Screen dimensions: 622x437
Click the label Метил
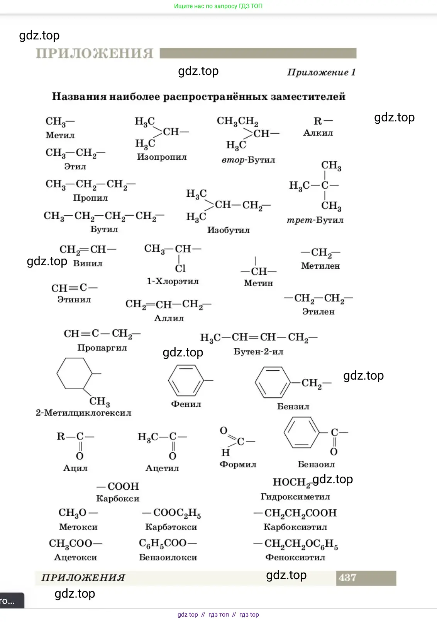pos(60,135)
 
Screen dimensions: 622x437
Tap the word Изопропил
pos(162,157)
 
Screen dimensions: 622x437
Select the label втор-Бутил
pos(248,160)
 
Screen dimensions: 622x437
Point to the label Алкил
pos(318,133)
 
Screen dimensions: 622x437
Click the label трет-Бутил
pos(315,220)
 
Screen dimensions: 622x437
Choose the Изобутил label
pos(228,230)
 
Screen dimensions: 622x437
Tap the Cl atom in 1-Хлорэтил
pos(180,268)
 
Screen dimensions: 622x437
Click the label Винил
pos(88,264)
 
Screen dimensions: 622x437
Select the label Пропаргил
pos(102,348)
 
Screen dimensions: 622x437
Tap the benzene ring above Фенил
pos(186,381)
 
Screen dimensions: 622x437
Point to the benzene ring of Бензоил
pos(301,433)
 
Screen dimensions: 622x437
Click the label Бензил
pos(293,407)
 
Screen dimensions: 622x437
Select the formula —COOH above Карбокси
pos(118,486)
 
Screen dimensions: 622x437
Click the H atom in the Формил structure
pos(225,452)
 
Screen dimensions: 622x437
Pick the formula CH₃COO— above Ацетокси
pos(75,544)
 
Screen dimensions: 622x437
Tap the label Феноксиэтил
pos(295,557)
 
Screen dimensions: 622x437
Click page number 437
pos(347,578)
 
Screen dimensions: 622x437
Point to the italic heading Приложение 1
pos(321,72)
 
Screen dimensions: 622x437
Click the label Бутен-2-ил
pos(258,352)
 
